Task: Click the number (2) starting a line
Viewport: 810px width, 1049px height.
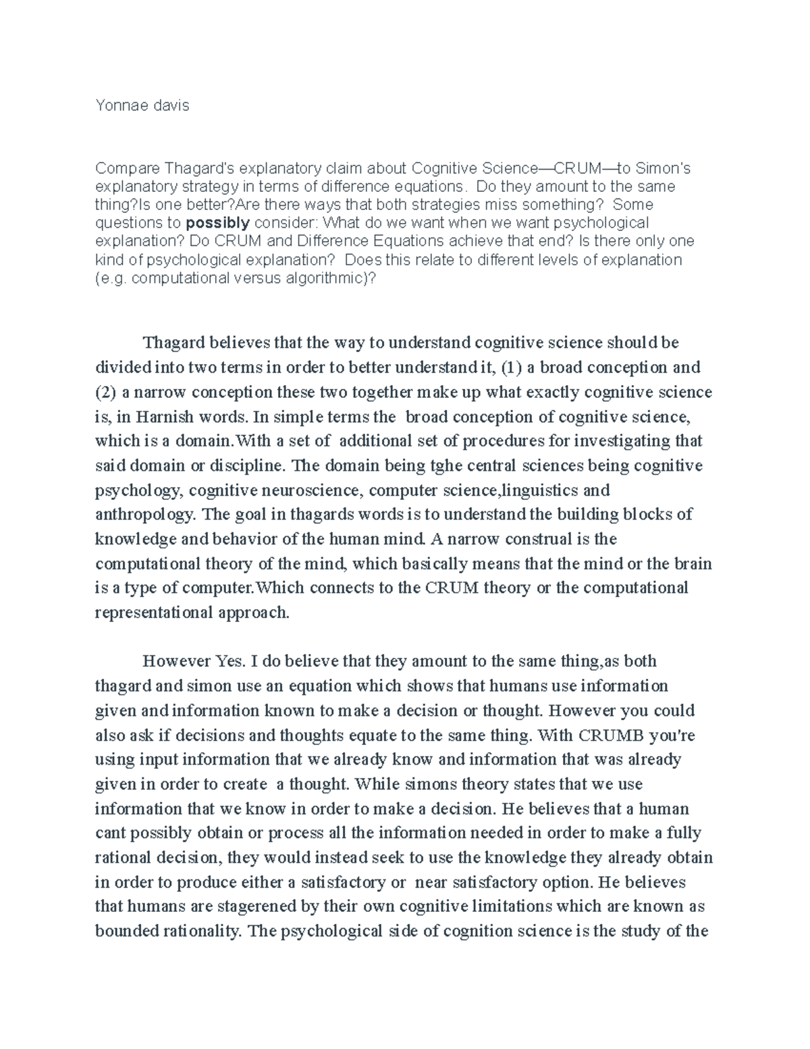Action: (x=106, y=392)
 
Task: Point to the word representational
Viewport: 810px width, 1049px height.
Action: (x=153, y=613)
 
